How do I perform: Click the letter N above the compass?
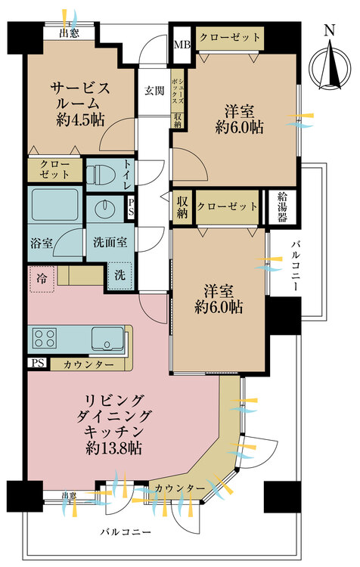[329, 30]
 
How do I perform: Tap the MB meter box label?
[182, 45]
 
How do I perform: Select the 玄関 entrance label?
[154, 91]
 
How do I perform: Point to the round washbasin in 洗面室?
[105, 208]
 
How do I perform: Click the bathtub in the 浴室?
[55, 205]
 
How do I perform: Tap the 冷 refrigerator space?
[42, 279]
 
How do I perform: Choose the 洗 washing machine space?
[119, 275]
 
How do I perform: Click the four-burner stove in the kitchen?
[45, 338]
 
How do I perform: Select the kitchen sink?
[107, 339]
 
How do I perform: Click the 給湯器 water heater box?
[282, 207]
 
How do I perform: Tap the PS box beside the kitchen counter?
[38, 363]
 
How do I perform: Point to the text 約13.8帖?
[113, 448]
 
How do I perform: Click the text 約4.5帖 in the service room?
[80, 119]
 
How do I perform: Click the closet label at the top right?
[230, 38]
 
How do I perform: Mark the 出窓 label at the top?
[70, 33]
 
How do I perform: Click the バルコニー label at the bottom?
[126, 531]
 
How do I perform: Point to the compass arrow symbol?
[331, 67]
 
